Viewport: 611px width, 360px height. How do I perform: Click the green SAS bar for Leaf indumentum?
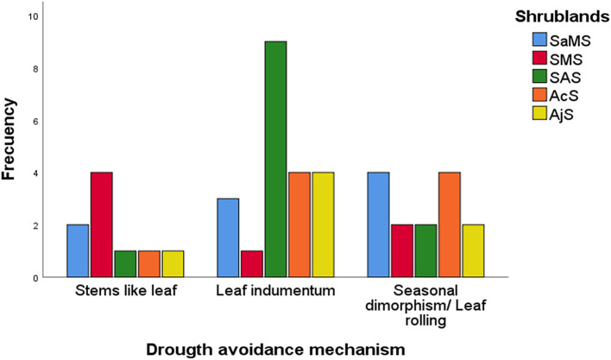click(x=274, y=160)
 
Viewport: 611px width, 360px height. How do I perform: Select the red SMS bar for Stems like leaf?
click(x=101, y=224)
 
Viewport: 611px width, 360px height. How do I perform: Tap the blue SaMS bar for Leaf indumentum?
click(x=229, y=237)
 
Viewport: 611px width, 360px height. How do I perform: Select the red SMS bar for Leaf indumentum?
click(x=252, y=264)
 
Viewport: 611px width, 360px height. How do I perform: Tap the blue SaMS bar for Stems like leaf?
click(x=78, y=251)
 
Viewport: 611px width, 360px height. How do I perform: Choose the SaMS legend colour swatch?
click(x=540, y=39)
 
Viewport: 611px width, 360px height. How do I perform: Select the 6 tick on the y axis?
click(x=35, y=121)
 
